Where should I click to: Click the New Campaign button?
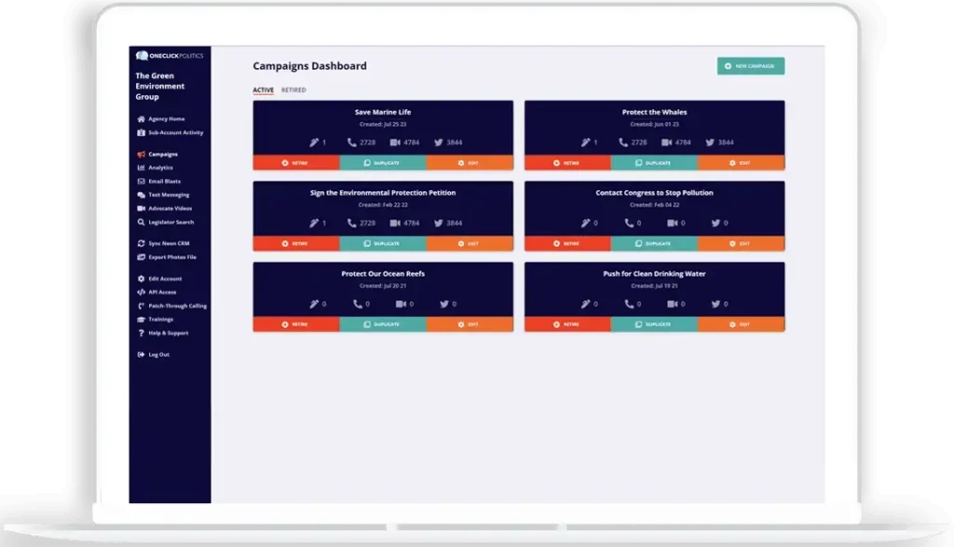[x=751, y=66]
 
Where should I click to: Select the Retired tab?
[x=293, y=90]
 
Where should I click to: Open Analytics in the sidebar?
[x=160, y=168]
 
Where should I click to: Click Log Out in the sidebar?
[x=158, y=355]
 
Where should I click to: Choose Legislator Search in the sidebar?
[x=171, y=223]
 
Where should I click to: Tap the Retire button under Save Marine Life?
[x=296, y=163]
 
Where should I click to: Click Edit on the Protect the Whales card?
[x=741, y=163]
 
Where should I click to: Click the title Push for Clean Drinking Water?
[x=654, y=274]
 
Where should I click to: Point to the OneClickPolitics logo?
[x=170, y=56]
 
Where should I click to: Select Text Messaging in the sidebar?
[x=169, y=195]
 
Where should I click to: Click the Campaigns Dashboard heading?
[x=309, y=66]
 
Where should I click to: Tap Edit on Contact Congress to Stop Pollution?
[x=741, y=244]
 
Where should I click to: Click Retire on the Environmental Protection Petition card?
[x=296, y=244]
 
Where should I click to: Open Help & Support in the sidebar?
[x=168, y=333]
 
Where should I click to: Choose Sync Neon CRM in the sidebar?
[x=168, y=243]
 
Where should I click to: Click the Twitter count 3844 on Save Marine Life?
[x=448, y=143]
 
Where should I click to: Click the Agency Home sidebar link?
[x=166, y=119]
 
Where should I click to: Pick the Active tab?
[x=263, y=90]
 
